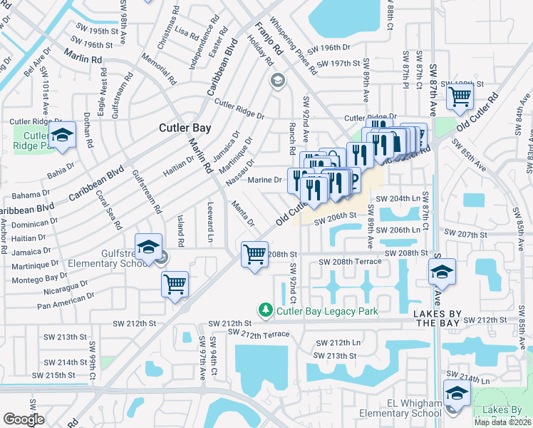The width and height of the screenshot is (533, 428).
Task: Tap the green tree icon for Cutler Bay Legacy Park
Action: (x=265, y=310)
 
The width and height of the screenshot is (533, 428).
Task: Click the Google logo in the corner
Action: (x=24, y=419)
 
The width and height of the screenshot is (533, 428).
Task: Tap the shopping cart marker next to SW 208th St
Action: (x=254, y=255)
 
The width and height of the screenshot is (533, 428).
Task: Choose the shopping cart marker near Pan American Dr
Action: (x=175, y=284)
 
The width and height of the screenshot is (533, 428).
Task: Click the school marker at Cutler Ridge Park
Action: (x=63, y=135)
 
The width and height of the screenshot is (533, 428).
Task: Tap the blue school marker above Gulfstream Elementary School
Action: (x=148, y=247)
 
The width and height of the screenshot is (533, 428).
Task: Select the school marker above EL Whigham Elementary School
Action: (x=456, y=392)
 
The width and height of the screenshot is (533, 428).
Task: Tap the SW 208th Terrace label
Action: (x=350, y=262)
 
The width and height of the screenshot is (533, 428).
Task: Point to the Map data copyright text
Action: (x=503, y=422)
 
